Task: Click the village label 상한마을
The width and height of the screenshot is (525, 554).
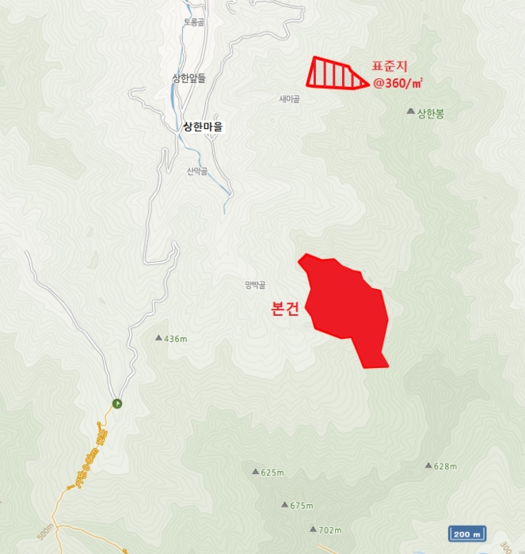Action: pyautogui.click(x=203, y=126)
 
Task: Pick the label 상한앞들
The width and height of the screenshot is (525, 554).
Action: pyautogui.click(x=188, y=78)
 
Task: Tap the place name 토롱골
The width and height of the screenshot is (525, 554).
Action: pyautogui.click(x=194, y=22)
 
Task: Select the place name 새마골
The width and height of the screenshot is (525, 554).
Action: pyautogui.click(x=289, y=99)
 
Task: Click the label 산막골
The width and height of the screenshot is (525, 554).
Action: pyautogui.click(x=197, y=171)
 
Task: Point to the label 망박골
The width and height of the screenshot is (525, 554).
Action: pyautogui.click(x=256, y=285)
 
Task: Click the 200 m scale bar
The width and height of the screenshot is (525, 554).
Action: pyautogui.click(x=467, y=534)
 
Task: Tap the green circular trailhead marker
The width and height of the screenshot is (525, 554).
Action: pyautogui.click(x=117, y=404)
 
